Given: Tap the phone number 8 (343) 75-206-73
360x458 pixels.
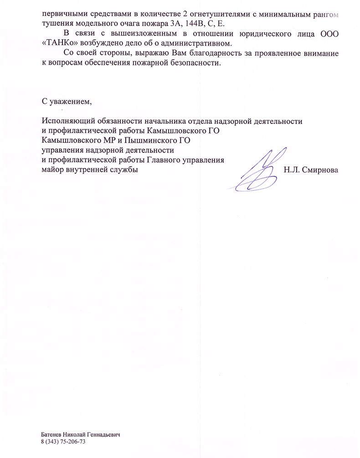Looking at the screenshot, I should click(63, 442).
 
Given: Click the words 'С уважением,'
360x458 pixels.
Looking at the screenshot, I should click(67, 101).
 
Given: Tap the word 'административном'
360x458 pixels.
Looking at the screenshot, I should click(199, 43).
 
